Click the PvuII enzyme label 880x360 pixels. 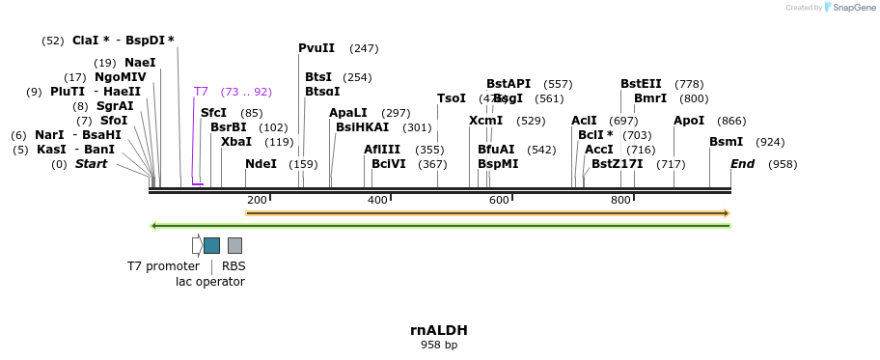(316, 48)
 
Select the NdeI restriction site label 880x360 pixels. (261, 164)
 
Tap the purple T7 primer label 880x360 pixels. (201, 92)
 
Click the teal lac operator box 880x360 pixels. (211, 245)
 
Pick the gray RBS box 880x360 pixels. (234, 245)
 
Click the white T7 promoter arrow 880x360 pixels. (197, 245)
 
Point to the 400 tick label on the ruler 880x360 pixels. (377, 200)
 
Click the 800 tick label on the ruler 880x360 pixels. (620, 200)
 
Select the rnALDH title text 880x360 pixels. (439, 330)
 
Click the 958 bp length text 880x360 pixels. (439, 345)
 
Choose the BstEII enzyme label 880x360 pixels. (641, 84)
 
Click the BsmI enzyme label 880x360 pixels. (726, 142)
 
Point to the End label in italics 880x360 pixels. (742, 164)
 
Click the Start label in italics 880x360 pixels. (91, 164)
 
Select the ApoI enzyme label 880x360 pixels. (689, 121)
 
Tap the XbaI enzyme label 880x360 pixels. (236, 142)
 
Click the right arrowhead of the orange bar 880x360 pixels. (726, 212)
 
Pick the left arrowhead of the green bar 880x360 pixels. (153, 226)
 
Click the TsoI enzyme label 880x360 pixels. (452, 98)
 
